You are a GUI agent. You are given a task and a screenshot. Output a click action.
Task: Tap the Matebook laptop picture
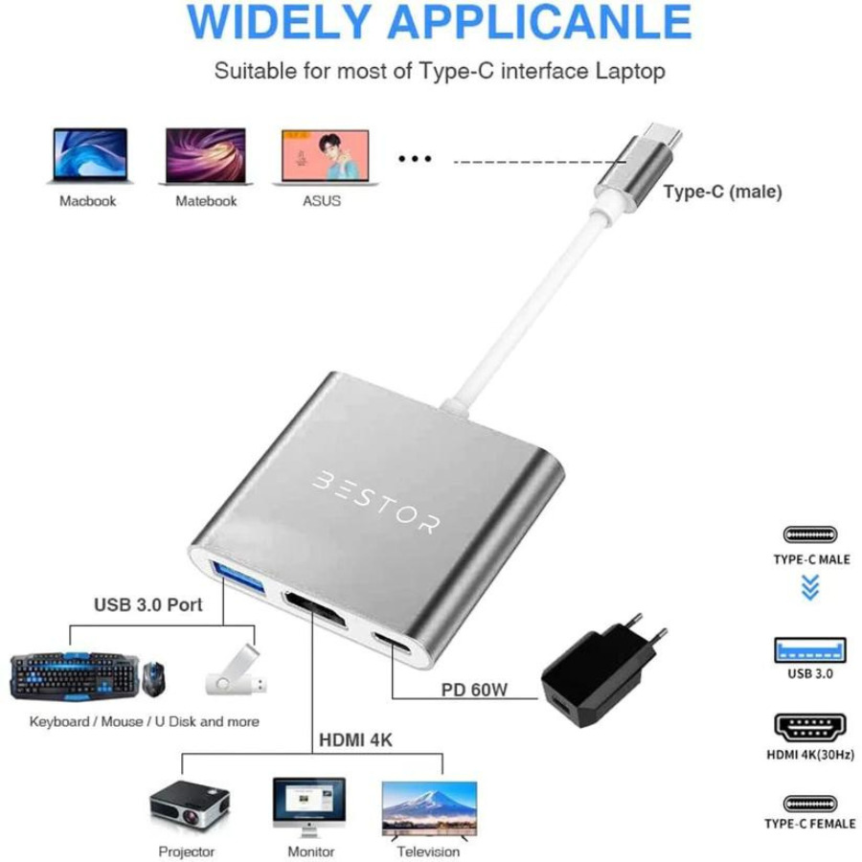point(206,156)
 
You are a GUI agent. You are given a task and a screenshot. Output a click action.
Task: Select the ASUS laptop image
point(326,157)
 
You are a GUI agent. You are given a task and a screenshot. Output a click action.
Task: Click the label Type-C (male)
point(722,192)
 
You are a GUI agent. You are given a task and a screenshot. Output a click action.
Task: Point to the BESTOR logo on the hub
point(376,502)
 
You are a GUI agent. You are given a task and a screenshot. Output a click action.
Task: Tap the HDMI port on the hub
point(315,610)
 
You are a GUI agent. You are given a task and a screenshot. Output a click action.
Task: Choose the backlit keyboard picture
point(74,676)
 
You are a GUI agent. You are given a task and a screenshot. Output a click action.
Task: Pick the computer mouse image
point(153,679)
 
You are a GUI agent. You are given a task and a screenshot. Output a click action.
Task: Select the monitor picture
point(309,806)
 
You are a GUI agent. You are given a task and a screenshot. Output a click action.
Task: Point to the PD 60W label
point(474,690)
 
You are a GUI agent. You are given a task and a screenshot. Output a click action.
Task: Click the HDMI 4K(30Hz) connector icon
point(809,727)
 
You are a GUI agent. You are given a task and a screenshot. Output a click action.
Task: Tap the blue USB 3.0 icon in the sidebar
point(809,650)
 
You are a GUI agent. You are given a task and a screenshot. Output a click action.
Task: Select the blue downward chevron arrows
point(810,587)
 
